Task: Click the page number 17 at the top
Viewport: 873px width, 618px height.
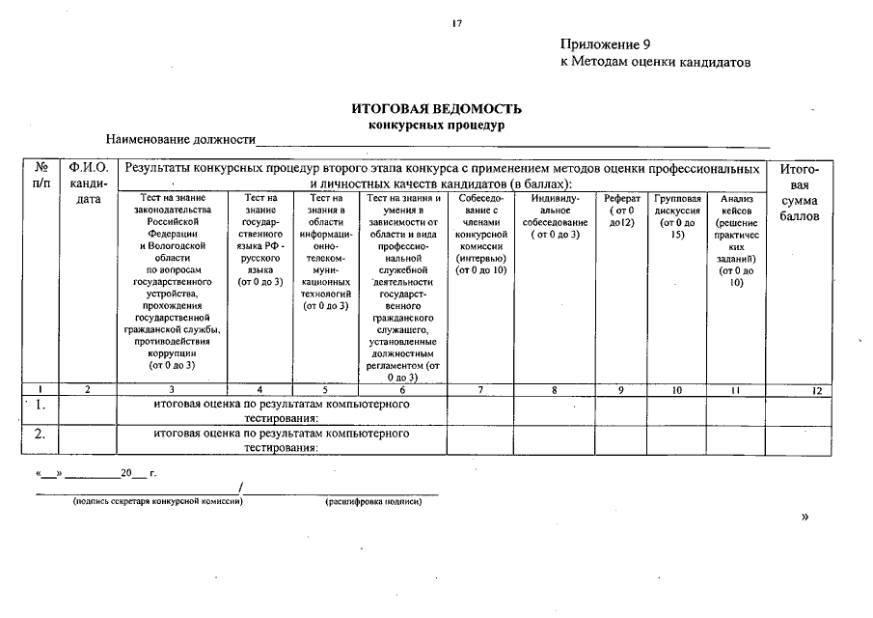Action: click(x=457, y=24)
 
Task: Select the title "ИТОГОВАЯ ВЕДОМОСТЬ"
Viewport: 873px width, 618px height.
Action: click(x=437, y=109)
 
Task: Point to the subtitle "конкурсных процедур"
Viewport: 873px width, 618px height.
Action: click(x=437, y=125)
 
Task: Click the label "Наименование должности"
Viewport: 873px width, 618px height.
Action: click(x=180, y=140)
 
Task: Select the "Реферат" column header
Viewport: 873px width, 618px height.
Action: click(x=621, y=210)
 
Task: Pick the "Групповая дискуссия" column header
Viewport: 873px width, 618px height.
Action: click(x=677, y=215)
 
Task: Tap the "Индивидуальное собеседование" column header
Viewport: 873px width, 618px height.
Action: click(x=555, y=215)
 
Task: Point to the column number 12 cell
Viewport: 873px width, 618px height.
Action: click(x=816, y=390)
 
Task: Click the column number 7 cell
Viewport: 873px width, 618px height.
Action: click(x=479, y=390)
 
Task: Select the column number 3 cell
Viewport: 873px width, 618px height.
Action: click(x=172, y=390)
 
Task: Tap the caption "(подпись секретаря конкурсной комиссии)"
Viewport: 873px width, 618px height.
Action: click(x=157, y=502)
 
